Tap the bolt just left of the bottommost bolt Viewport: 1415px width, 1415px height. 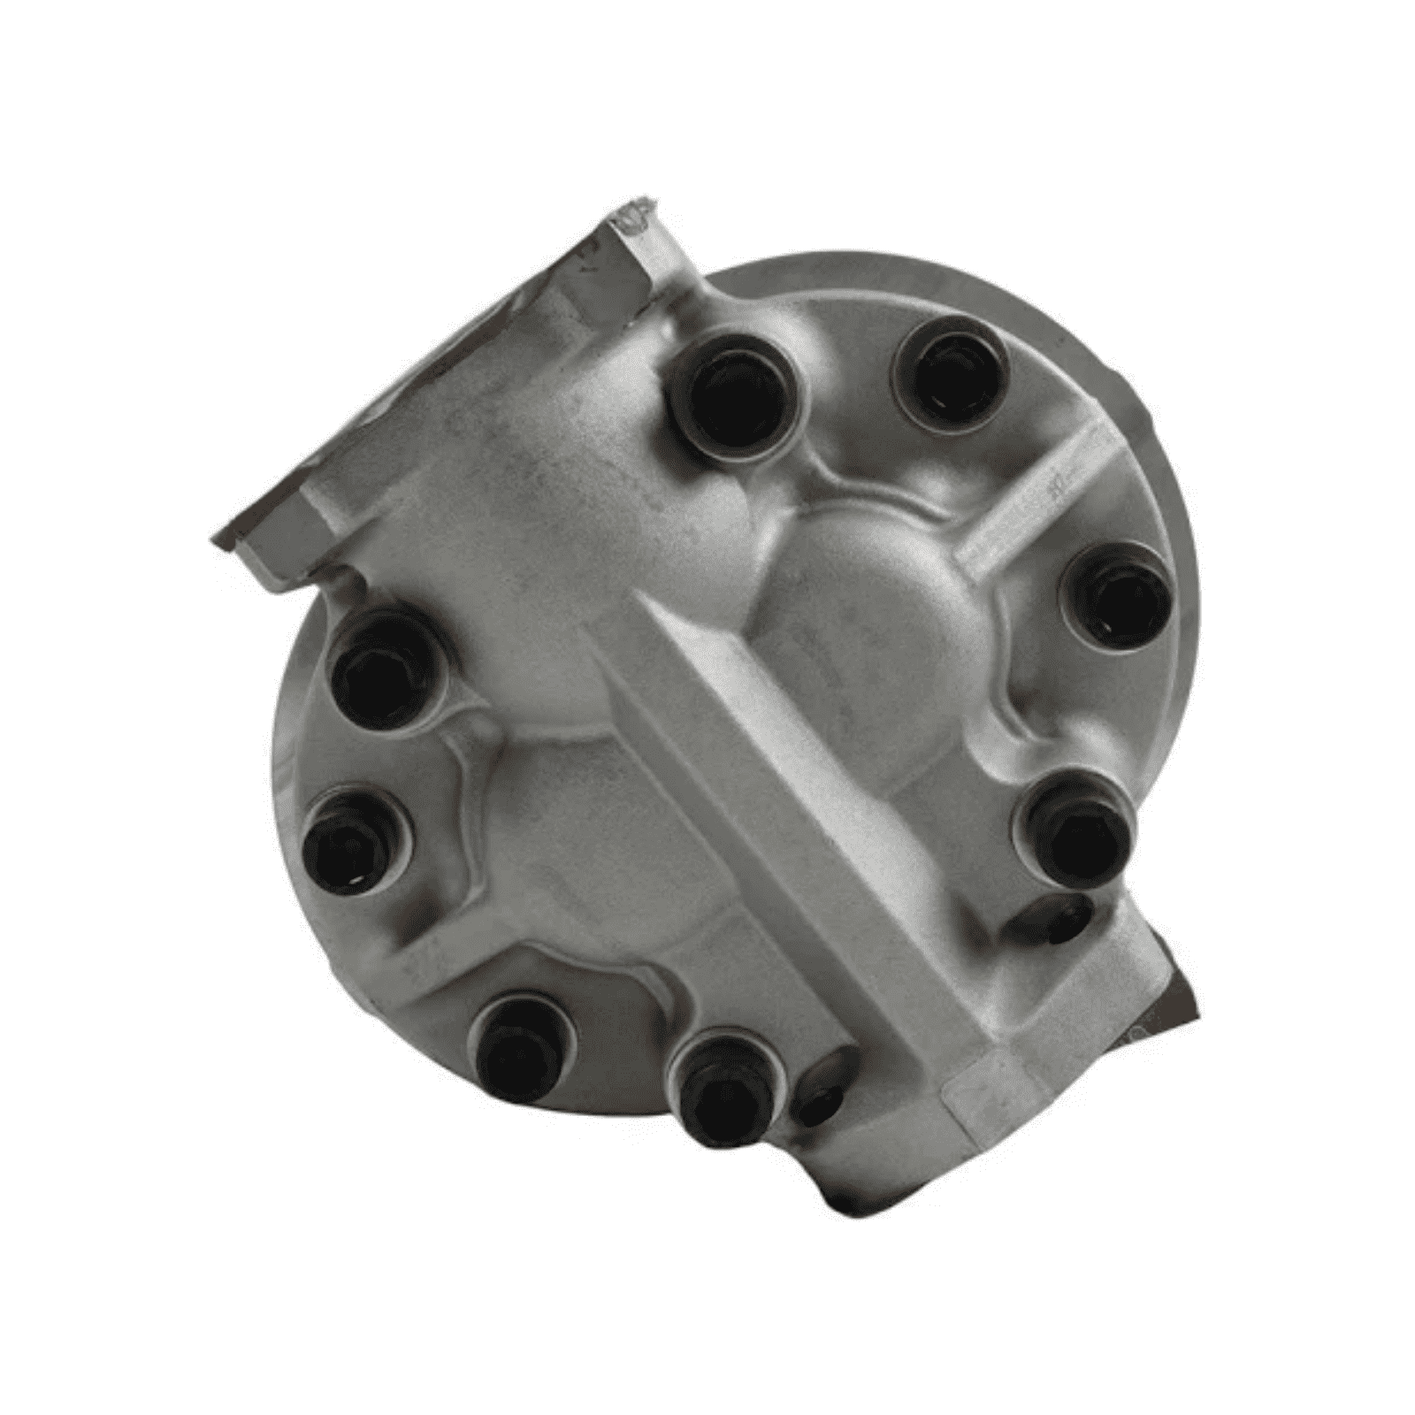pyautogui.click(x=523, y=1052)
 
